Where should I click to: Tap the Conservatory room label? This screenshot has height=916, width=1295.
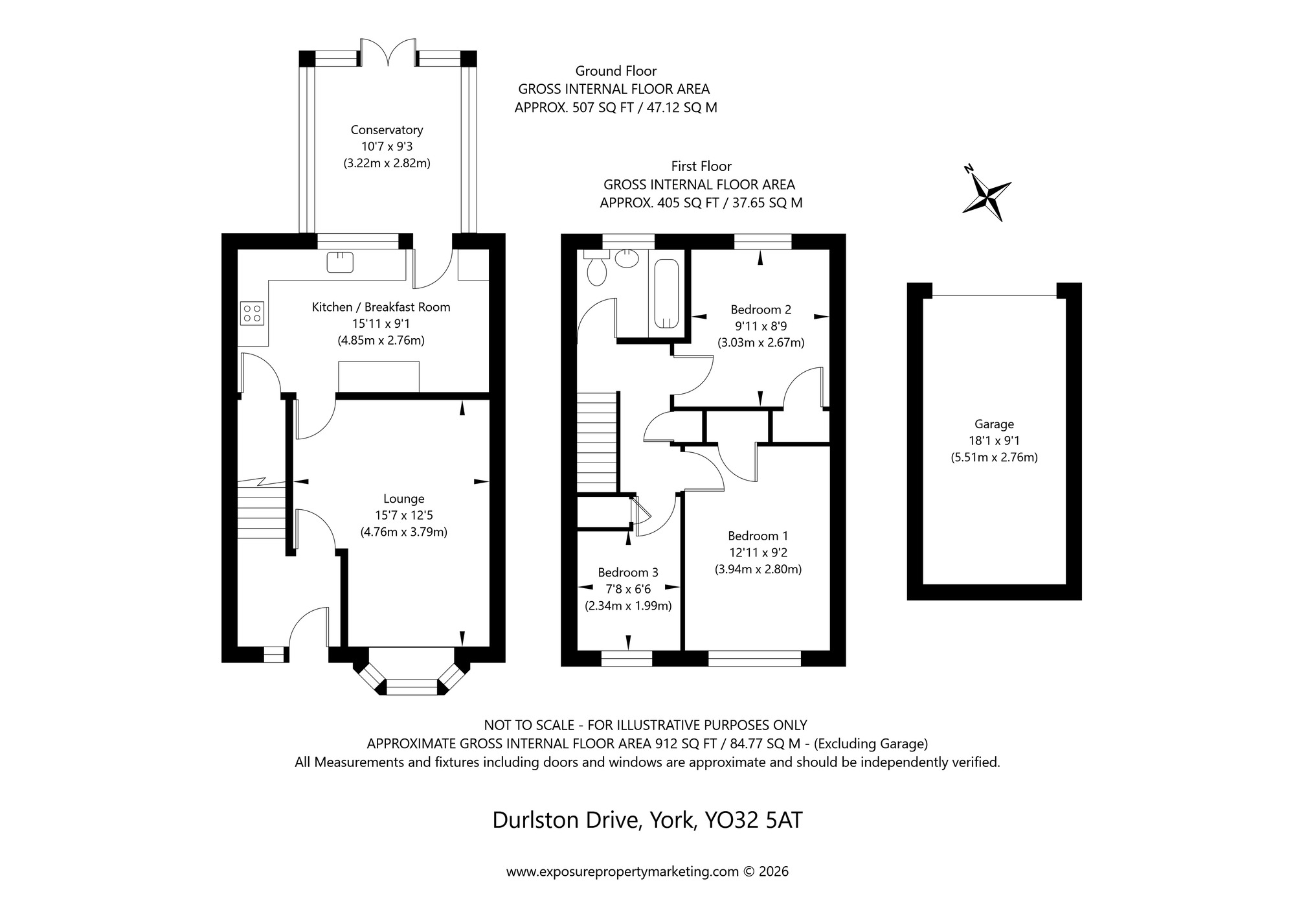click(387, 130)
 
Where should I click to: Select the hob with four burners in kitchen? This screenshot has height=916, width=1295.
click(252, 314)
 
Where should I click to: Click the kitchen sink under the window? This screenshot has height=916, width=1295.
click(340, 262)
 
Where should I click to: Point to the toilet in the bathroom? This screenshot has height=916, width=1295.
click(596, 269)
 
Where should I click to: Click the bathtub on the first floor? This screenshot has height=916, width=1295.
click(666, 293)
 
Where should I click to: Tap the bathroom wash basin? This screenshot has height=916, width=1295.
click(626, 260)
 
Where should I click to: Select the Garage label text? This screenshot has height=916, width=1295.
click(994, 424)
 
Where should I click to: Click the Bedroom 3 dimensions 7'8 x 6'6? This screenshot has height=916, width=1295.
click(627, 589)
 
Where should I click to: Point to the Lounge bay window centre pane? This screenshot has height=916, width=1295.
click(412, 687)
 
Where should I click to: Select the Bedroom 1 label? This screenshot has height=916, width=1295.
click(758, 536)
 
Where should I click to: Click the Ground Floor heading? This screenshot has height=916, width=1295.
click(616, 71)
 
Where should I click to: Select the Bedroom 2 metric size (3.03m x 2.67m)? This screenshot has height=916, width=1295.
click(761, 343)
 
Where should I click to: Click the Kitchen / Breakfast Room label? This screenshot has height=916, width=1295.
click(381, 307)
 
